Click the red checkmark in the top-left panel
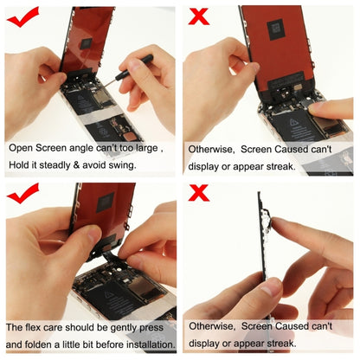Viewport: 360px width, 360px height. (x=23, y=15)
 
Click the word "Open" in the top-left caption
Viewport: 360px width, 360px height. (x=22, y=148)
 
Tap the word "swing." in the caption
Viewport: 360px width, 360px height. (x=119, y=164)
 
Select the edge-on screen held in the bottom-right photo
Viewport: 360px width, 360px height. (x=264, y=251)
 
